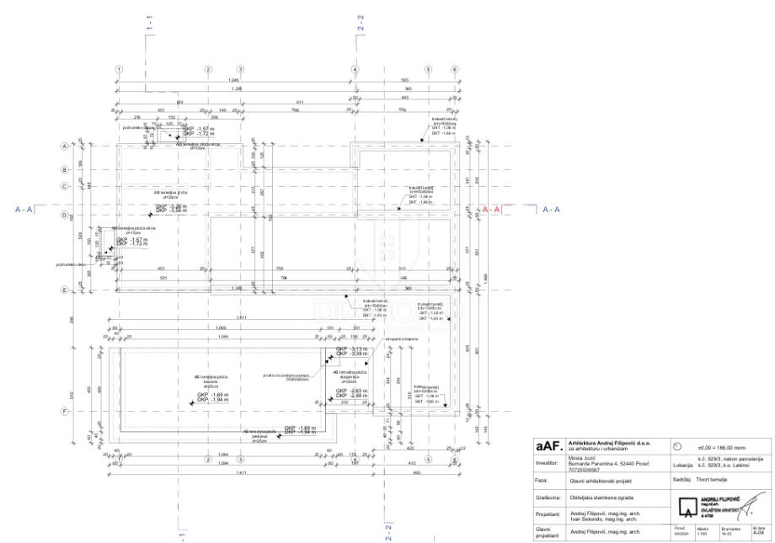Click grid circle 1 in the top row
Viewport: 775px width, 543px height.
tap(120, 69)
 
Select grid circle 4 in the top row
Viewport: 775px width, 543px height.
tap(355, 69)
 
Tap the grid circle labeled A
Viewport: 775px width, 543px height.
tap(87, 146)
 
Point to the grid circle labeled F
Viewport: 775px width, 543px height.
tap(87, 412)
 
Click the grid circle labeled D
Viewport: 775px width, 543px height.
tap(87, 216)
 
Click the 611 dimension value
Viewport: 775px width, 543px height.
tap(299, 102)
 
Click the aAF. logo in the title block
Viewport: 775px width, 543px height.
tap(549, 448)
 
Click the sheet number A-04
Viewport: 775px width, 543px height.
tap(758, 533)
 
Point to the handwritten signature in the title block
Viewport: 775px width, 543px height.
tap(753, 503)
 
